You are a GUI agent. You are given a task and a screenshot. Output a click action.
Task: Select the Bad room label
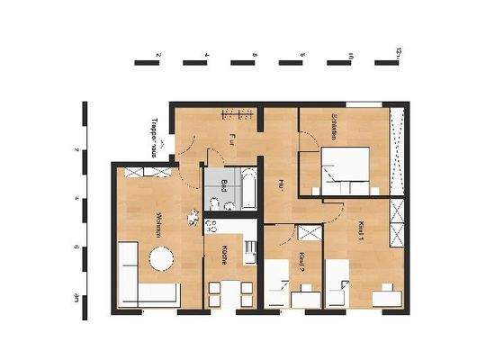point(223,187)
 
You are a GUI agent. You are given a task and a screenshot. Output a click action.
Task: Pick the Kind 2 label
point(301,262)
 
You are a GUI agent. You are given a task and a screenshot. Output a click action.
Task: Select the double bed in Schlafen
point(346,173)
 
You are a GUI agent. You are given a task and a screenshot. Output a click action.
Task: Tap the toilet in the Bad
point(233,207)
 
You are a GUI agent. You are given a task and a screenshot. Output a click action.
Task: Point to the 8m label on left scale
point(77,298)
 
